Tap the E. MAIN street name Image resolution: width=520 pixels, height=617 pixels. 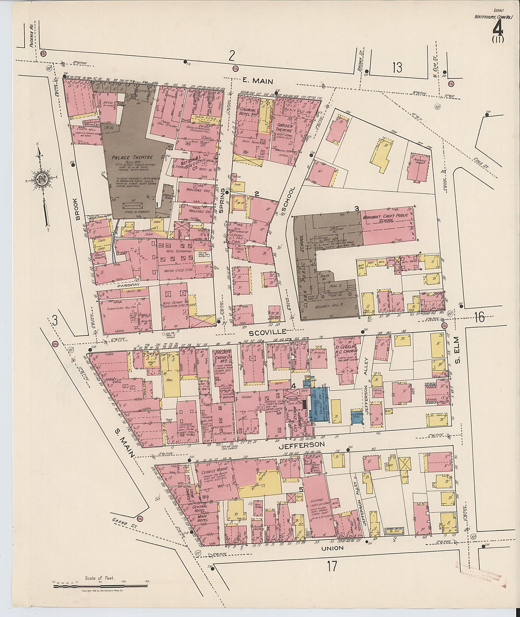click(257, 81)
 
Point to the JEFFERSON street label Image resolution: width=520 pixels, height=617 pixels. click(301, 445)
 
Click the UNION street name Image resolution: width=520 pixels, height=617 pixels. click(332, 548)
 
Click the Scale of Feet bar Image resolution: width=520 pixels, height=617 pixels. click(100, 586)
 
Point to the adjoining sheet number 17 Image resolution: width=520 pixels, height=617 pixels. click(332, 565)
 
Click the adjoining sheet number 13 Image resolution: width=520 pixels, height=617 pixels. click(397, 68)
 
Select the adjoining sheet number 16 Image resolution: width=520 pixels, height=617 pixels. click(479, 317)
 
